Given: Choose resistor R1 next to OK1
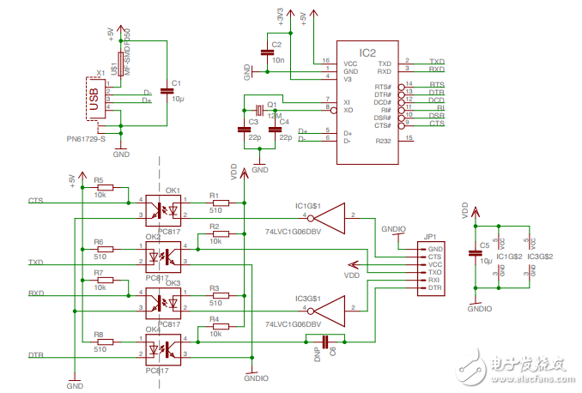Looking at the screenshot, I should (x=215, y=203).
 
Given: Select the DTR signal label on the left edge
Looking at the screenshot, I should (x=36, y=354).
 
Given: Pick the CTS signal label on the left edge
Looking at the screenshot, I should (x=35, y=201).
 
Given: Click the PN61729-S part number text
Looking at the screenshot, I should (x=86, y=137).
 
